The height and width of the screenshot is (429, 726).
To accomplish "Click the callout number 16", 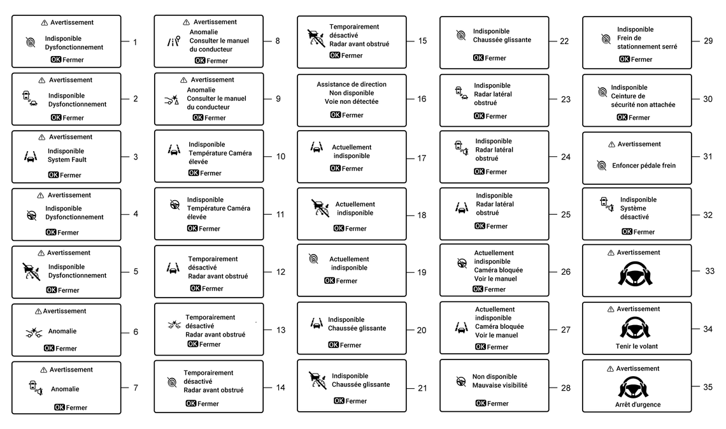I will pyautogui.click(x=422, y=99).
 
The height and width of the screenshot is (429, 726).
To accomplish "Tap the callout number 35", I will pyautogui.click(x=707, y=387).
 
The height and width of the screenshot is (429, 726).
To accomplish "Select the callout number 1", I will pyautogui.click(x=135, y=43).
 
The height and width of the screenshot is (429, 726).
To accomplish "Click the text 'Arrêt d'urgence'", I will pyautogui.click(x=637, y=404).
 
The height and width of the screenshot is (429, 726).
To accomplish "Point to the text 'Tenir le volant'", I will pyautogui.click(x=636, y=346).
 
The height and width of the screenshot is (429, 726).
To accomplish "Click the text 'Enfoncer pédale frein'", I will pyautogui.click(x=644, y=166).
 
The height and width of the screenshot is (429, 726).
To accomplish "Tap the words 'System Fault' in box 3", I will pyautogui.click(x=67, y=160).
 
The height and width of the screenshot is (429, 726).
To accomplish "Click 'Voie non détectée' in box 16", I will pyautogui.click(x=352, y=101).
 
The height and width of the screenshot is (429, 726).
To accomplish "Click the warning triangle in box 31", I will pyautogui.click(x=611, y=145).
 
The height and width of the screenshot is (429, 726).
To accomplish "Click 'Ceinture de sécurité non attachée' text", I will pyautogui.click(x=643, y=101).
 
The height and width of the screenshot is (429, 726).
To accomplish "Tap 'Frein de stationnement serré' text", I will pyautogui.click(x=647, y=42).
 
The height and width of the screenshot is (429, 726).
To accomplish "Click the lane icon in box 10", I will pyautogui.click(x=173, y=150).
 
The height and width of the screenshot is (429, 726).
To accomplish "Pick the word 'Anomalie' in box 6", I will pyautogui.click(x=62, y=331).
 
